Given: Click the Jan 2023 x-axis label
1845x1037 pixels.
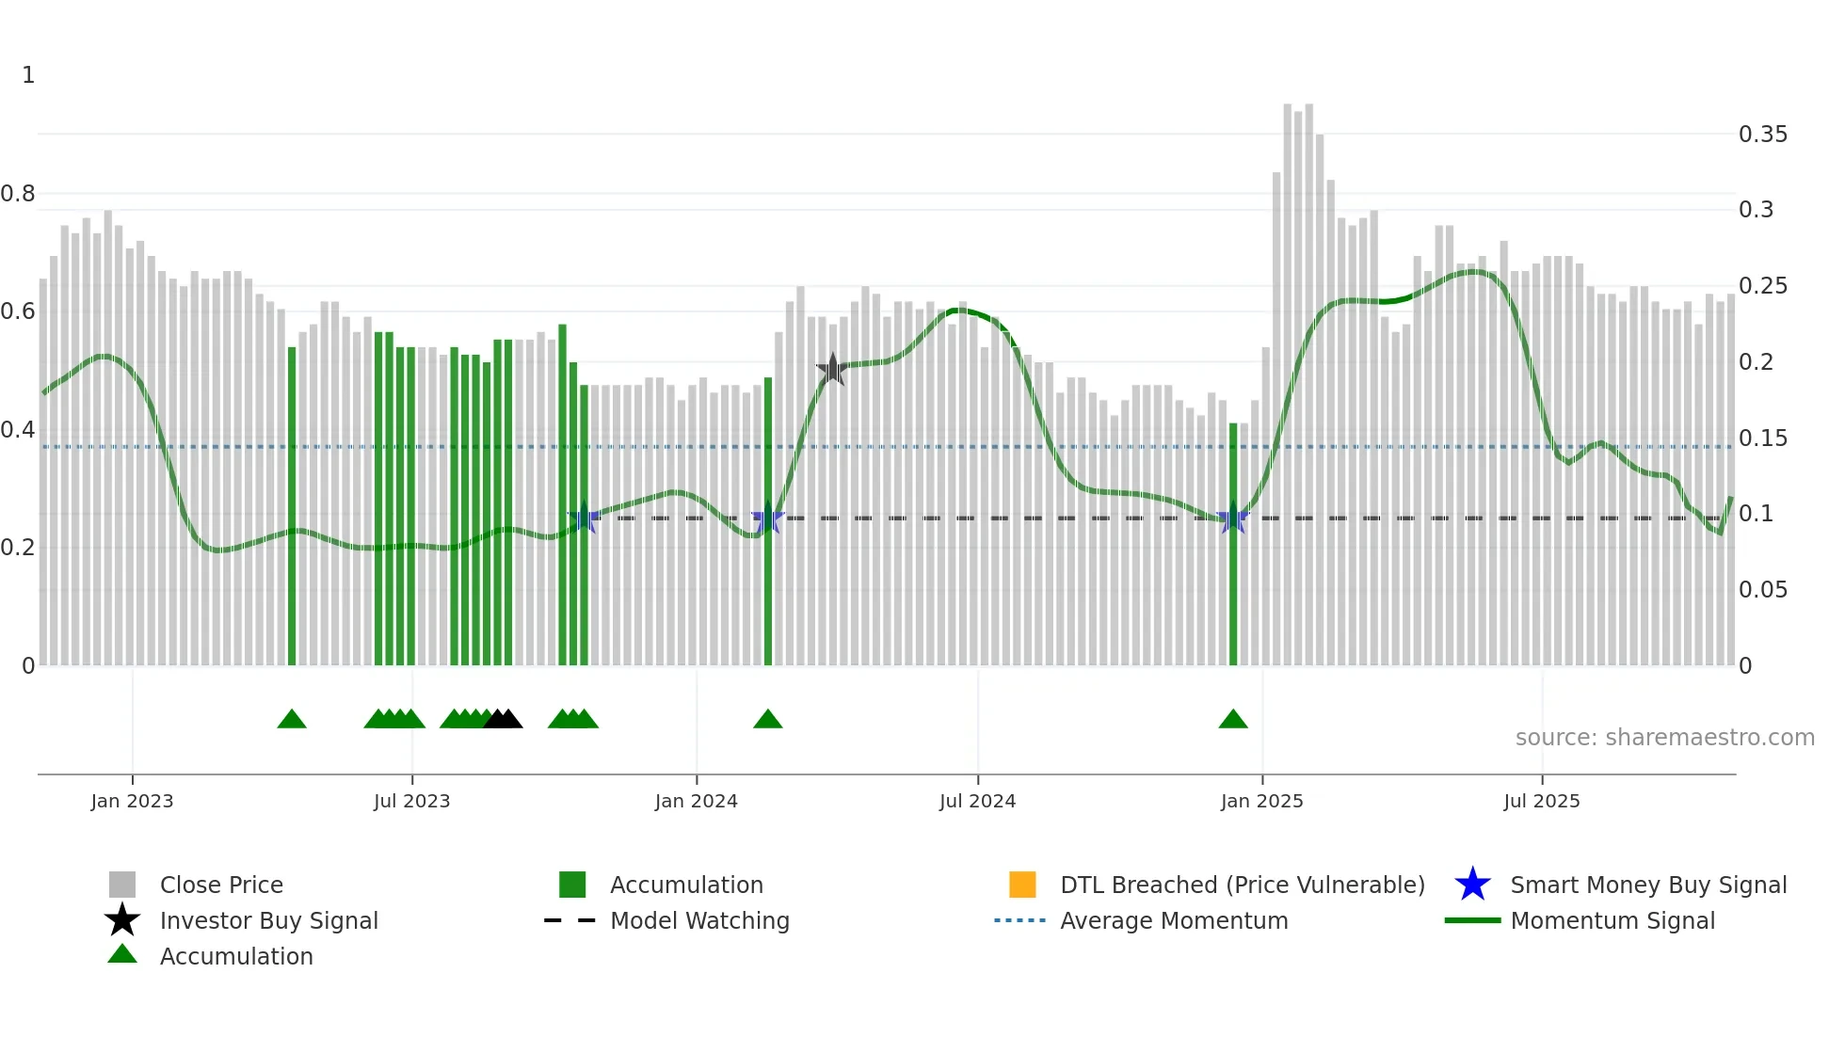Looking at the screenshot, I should [x=132, y=801].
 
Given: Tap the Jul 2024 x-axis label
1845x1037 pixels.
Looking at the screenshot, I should [x=977, y=801].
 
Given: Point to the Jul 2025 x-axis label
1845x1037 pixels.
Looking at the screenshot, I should [x=1541, y=801].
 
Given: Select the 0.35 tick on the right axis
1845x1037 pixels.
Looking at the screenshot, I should [x=1762, y=135].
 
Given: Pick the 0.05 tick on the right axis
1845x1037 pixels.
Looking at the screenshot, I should [x=1762, y=590].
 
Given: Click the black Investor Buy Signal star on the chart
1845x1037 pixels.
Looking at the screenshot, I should [x=832, y=370].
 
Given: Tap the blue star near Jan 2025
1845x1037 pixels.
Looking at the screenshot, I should [x=1232, y=518].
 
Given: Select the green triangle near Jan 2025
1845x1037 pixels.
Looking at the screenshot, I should [x=1232, y=720].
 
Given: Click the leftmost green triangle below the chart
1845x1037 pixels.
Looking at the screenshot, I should [x=292, y=720].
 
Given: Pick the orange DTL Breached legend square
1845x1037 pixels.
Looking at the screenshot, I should [x=1022, y=885].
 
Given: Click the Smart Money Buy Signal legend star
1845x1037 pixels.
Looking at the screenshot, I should [x=1472, y=885].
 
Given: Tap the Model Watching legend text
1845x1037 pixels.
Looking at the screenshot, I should [x=699, y=920].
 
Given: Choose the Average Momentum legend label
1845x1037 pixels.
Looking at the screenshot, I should [x=1174, y=920].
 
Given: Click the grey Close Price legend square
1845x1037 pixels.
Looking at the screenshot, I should [x=122, y=885].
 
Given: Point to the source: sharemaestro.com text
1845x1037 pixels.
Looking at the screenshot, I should [x=1664, y=738].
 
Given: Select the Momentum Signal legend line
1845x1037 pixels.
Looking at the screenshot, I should [x=1472, y=920].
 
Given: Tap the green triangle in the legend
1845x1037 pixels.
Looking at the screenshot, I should [x=122, y=955].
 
